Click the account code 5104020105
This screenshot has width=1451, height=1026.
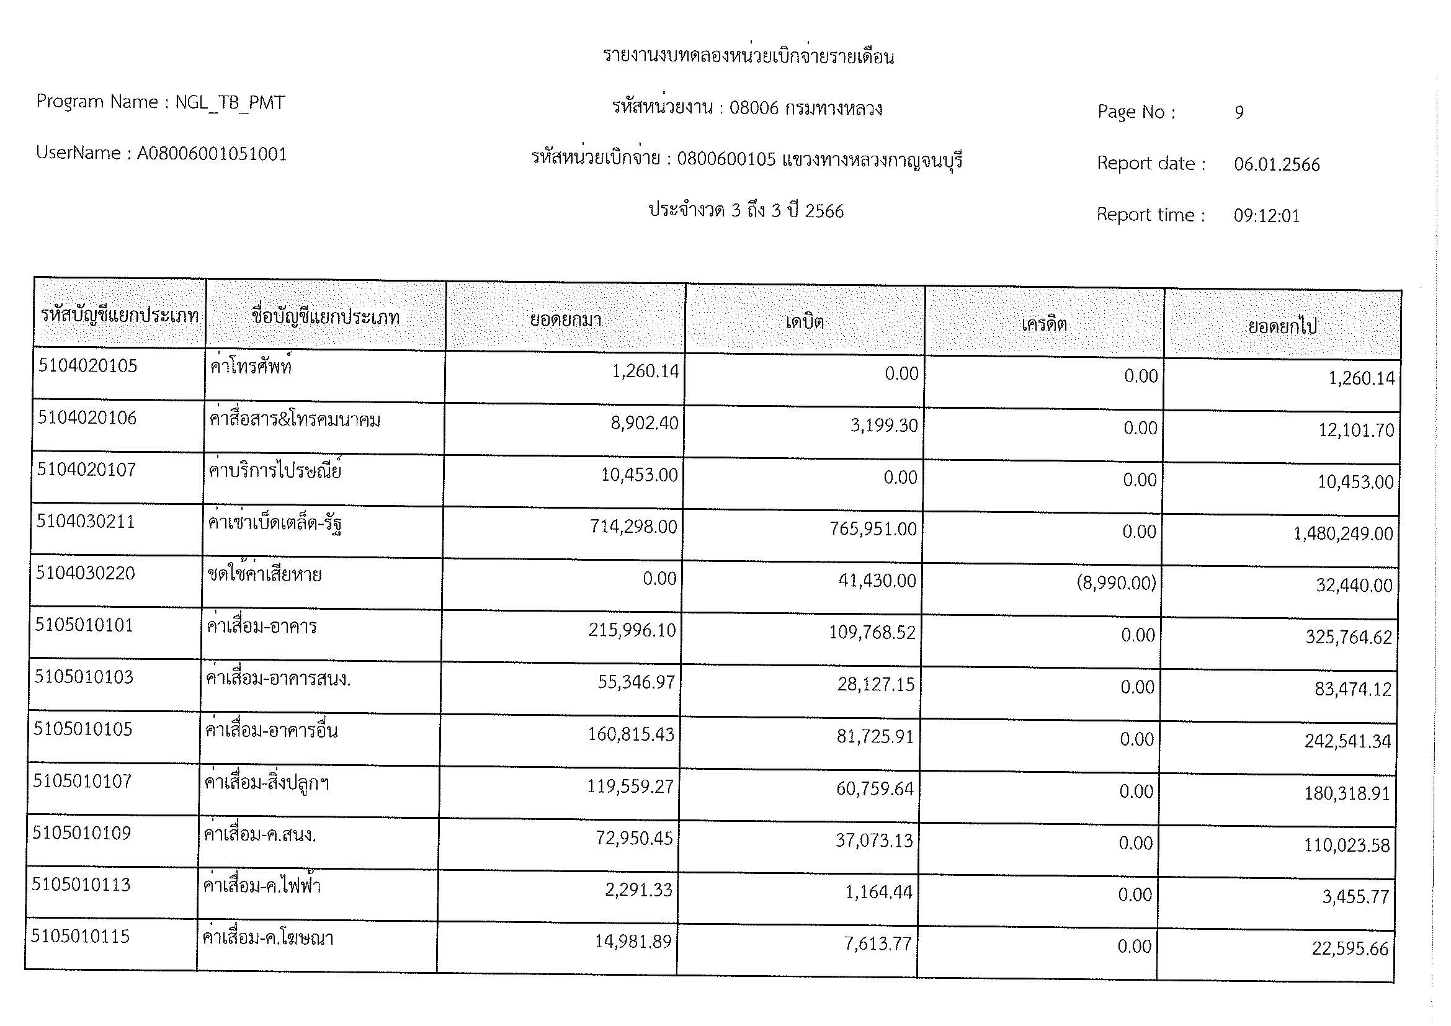87,366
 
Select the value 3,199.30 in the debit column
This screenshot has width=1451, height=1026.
883,425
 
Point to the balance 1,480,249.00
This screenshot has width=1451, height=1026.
1343,534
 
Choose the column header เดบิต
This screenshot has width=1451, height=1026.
805,322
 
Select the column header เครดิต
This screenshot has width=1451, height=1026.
1044,324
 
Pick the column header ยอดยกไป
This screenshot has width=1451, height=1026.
1282,327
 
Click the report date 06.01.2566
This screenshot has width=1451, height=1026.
1277,165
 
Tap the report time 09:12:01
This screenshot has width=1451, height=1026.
1267,216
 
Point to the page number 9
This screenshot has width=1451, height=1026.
1239,112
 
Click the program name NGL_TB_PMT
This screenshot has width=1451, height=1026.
230,102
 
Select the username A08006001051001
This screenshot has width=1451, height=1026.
212,153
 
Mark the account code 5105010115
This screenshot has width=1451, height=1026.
80,936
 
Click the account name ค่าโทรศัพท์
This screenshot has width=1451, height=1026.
251,367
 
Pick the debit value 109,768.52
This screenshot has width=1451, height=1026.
872,632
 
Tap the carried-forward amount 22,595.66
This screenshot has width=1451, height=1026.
1350,949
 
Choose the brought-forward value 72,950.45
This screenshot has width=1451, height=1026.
634,839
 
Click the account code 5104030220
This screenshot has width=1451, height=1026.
86,573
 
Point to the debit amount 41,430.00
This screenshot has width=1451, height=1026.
877,581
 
